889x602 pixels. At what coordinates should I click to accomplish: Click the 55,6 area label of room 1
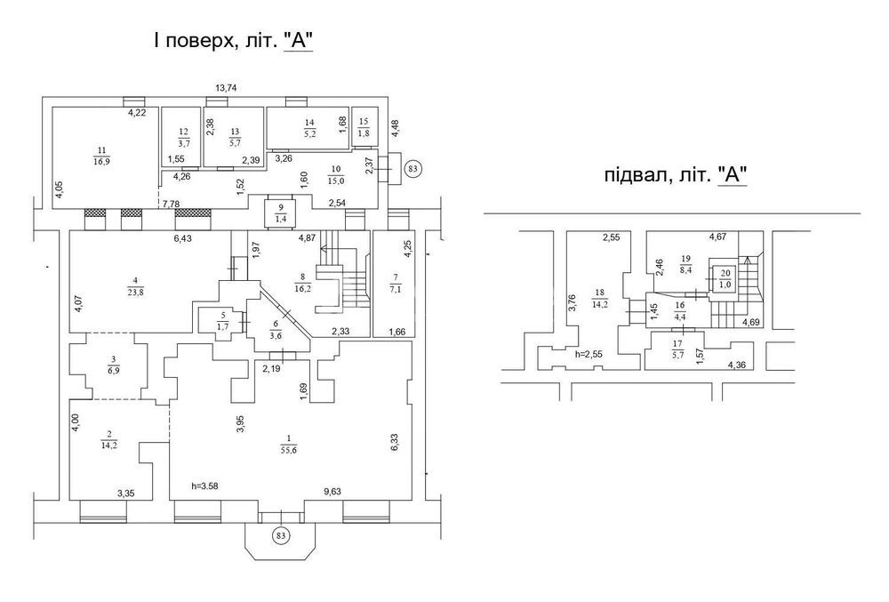(x=289, y=450)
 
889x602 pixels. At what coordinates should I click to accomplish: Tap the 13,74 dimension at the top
(x=226, y=88)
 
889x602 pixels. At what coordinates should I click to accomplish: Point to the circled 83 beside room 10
(x=412, y=168)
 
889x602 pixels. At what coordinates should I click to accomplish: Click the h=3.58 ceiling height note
(x=204, y=486)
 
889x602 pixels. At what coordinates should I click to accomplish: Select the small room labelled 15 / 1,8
(x=364, y=127)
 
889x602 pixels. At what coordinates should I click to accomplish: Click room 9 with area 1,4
(x=281, y=213)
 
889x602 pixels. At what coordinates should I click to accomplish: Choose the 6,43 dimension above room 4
(x=182, y=238)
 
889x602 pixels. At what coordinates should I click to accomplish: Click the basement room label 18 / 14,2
(x=599, y=296)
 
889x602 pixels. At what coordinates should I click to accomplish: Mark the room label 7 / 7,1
(x=396, y=282)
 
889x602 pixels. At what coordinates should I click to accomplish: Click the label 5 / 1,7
(x=222, y=322)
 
